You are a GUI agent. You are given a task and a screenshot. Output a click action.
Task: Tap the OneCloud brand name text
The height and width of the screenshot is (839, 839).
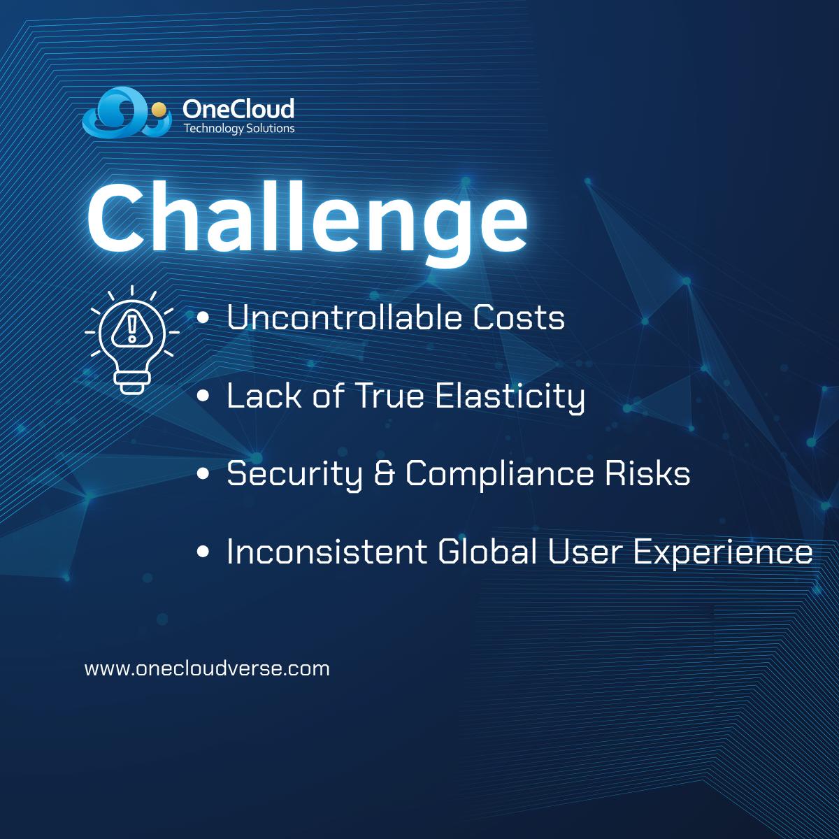[x=238, y=109]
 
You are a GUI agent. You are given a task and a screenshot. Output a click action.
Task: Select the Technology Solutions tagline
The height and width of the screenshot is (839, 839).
[x=239, y=129]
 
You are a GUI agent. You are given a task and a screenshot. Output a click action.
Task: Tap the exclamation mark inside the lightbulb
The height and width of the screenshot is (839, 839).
[x=131, y=328]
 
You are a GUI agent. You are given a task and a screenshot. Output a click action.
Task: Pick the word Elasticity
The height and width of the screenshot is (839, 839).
[x=510, y=397]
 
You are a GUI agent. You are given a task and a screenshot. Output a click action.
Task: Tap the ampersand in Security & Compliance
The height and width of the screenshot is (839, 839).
[x=385, y=473]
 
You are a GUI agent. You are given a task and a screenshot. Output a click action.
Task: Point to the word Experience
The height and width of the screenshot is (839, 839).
[x=723, y=553]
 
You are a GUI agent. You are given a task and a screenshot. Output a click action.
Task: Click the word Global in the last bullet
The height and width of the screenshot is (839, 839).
[x=487, y=551]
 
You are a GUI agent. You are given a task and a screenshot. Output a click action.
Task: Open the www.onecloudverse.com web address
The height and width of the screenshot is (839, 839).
[x=207, y=668]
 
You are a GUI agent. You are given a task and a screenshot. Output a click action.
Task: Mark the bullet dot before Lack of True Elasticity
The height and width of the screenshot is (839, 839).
[x=203, y=396]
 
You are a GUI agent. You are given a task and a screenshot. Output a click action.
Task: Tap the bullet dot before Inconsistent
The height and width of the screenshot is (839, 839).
[x=203, y=552]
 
